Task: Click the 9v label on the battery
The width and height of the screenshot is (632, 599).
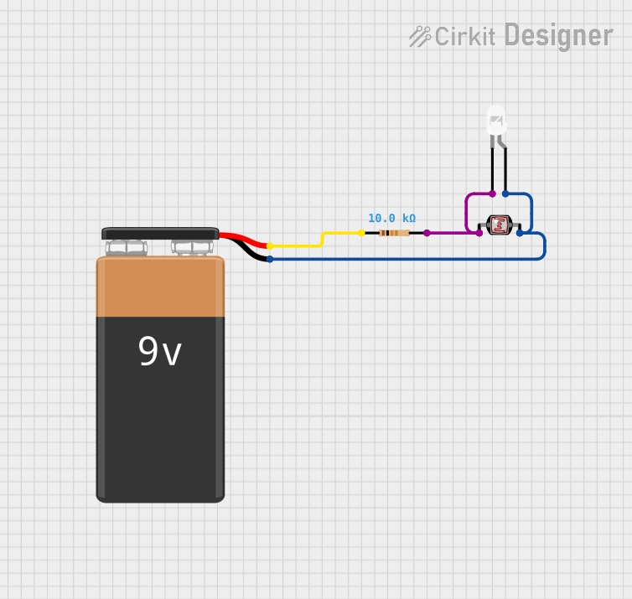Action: coord(159,353)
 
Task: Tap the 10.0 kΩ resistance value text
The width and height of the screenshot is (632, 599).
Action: coord(391,218)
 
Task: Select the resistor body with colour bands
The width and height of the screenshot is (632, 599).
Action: coord(394,233)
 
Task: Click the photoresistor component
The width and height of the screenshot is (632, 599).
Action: coord(500,225)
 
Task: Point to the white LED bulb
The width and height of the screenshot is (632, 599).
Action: coord(497,122)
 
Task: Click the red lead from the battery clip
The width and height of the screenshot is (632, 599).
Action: coord(243,239)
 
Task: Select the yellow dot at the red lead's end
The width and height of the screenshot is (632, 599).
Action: coord(269,245)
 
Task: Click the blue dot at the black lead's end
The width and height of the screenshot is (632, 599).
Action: coord(269,259)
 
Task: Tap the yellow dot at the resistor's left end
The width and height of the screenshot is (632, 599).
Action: coord(361,233)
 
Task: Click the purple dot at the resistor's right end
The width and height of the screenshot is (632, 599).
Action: coord(427,233)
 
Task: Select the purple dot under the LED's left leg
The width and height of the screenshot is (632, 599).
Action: coord(492,194)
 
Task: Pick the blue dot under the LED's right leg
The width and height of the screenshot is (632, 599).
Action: coord(505,194)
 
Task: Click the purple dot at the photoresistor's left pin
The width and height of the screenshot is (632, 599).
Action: coord(479,233)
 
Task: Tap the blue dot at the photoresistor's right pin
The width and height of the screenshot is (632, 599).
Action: coord(520,233)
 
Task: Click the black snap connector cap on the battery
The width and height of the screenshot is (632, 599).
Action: coord(160,233)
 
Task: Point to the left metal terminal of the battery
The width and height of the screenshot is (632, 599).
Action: coord(127,248)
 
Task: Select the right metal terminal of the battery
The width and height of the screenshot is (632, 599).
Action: coord(192,247)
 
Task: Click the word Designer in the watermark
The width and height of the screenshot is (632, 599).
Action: coord(558,36)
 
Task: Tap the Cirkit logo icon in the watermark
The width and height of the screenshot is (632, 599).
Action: coord(420,36)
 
